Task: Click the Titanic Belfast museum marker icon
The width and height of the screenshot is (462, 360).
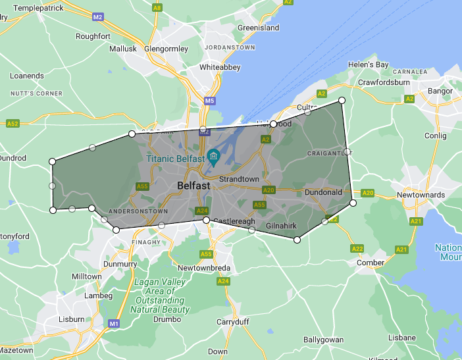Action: pyautogui.click(x=213, y=155)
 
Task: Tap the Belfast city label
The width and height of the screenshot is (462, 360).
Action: pyautogui.click(x=193, y=186)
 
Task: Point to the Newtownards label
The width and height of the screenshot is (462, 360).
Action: pyautogui.click(x=421, y=195)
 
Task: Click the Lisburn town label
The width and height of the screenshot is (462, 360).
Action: pyautogui.click(x=72, y=319)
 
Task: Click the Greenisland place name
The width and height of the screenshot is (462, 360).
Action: pyautogui.click(x=258, y=28)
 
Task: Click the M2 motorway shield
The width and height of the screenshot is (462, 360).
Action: pyautogui.click(x=98, y=16)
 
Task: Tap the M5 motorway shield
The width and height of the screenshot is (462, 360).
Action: pyautogui.click(x=209, y=101)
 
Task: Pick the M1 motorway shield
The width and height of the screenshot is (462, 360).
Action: pyautogui.click(x=114, y=324)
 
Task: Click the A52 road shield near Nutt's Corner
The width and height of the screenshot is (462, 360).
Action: pyautogui.click(x=13, y=123)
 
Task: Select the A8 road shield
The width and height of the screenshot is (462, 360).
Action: pyautogui.click(x=157, y=8)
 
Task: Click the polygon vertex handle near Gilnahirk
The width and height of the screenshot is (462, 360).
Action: pyautogui.click(x=297, y=240)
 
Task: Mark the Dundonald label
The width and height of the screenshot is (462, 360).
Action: pyautogui.click(x=322, y=192)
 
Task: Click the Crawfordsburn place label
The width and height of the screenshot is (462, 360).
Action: pyautogui.click(x=384, y=83)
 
